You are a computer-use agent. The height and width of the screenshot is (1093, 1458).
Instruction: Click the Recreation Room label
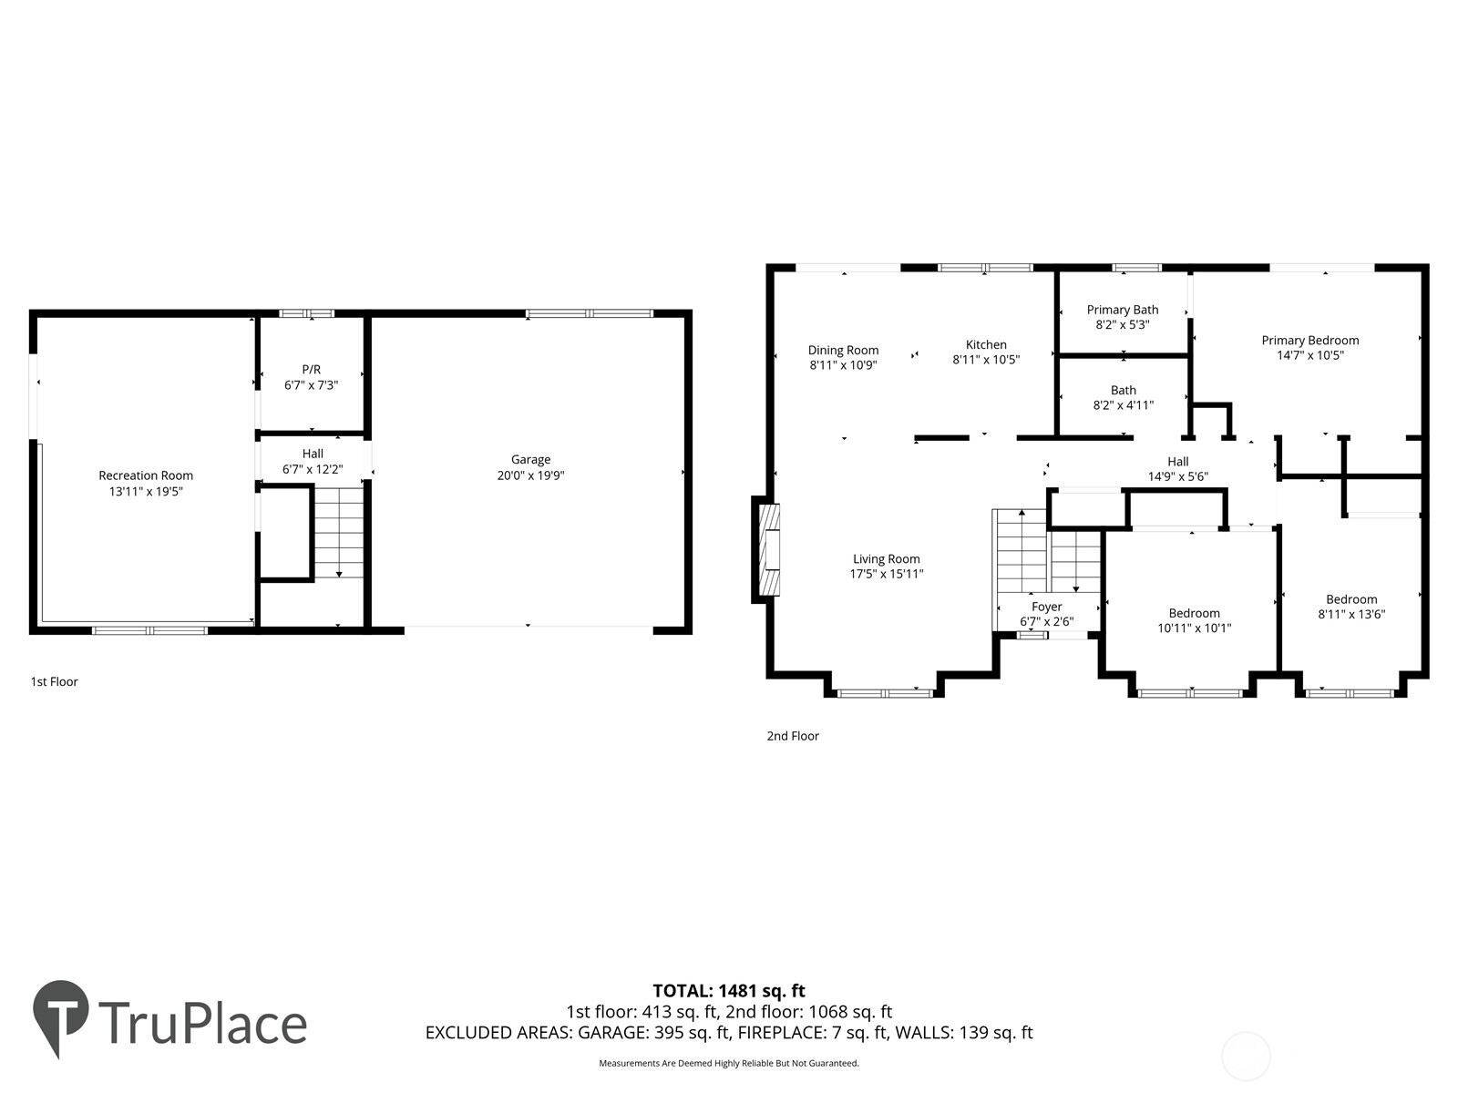146,475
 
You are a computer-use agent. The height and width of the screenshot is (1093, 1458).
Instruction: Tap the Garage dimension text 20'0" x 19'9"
530,475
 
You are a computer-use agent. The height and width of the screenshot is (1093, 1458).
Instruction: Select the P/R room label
311,369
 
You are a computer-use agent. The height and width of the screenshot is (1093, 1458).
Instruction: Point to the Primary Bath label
1122,310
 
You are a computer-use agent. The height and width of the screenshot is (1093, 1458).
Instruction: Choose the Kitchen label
986,344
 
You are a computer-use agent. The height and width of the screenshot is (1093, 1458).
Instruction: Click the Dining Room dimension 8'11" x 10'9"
843,365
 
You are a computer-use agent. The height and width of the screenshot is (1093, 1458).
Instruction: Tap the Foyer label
1046,607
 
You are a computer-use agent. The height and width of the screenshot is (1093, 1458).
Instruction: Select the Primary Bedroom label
1309,341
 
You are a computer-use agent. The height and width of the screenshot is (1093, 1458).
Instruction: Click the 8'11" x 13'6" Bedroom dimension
1351,614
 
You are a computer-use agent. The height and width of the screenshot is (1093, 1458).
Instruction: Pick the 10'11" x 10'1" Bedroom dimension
1194,628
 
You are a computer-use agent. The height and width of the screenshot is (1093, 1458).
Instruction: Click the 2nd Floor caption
792,736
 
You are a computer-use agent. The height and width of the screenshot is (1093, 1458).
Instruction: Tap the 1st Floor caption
54,681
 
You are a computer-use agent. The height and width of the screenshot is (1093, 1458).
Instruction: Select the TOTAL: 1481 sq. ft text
728,990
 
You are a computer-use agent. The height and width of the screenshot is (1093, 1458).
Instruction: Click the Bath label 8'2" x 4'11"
1123,398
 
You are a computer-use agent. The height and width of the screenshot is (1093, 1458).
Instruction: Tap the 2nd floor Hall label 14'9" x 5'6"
1177,468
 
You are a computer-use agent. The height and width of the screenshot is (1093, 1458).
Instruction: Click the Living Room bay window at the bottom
884,693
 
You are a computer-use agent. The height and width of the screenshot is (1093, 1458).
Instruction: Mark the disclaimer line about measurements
728,1063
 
